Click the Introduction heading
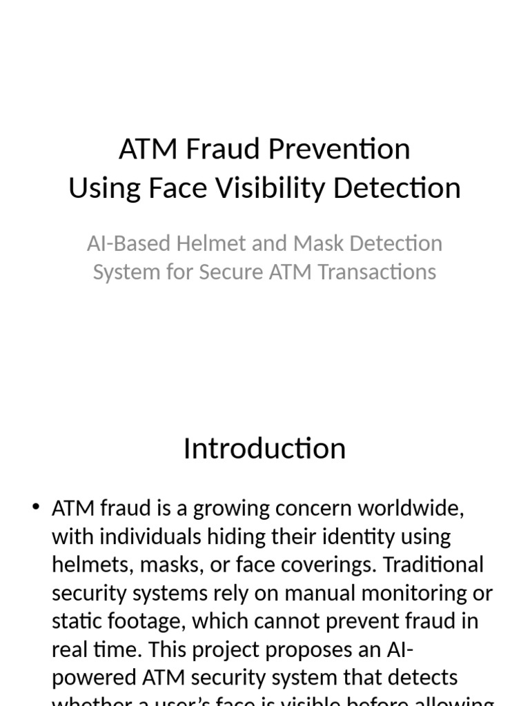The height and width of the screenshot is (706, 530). coord(264,449)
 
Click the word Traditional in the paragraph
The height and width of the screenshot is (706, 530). coord(433,565)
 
